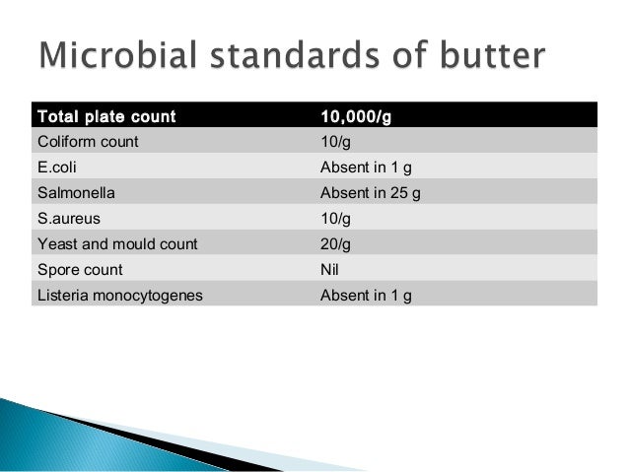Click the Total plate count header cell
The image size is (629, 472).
click(105, 117)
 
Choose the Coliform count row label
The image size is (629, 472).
click(88, 141)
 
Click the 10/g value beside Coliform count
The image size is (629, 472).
click(336, 141)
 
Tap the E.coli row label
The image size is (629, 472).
click(56, 167)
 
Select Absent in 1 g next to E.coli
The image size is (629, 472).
click(366, 167)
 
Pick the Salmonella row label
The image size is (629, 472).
click(73, 192)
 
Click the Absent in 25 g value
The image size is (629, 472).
click(371, 192)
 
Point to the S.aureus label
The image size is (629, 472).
click(67, 218)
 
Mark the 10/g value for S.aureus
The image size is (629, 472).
click(336, 218)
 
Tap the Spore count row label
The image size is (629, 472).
click(79, 268)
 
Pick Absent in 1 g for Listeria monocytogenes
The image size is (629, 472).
click(366, 294)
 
